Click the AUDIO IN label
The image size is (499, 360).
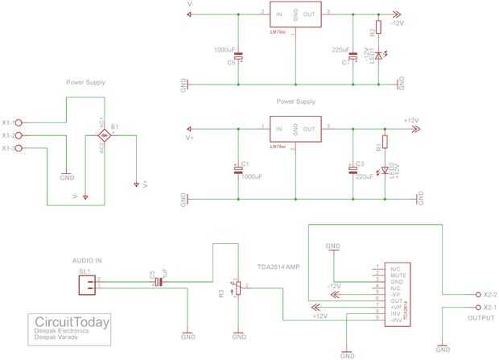pos(88,261)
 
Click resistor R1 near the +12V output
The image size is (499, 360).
pos(385,143)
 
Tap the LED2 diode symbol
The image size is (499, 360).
pos(385,169)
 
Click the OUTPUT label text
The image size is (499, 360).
pos(480,318)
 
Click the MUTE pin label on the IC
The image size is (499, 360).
pos(395,275)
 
